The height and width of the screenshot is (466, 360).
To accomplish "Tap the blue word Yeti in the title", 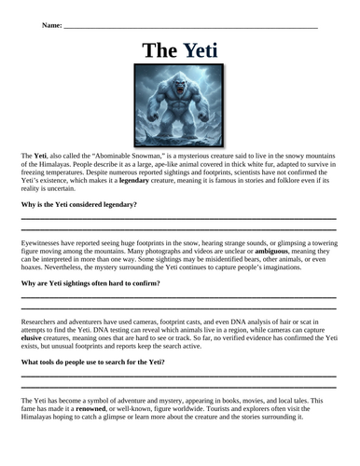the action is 201,50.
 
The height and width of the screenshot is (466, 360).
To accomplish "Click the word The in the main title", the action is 160,50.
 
